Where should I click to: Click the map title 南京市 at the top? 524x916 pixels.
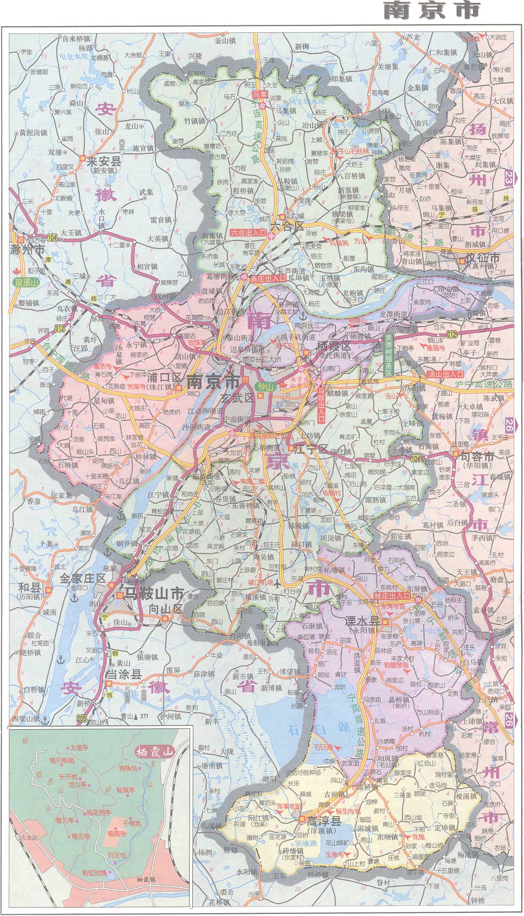432,11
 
